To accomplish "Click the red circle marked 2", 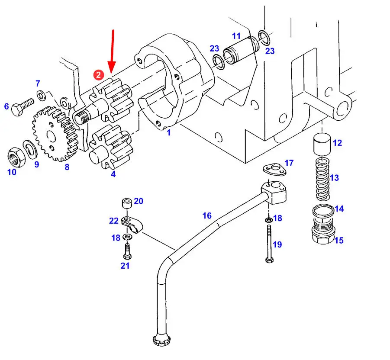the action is tap(99, 75).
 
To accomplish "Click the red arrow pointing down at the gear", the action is tap(112, 52).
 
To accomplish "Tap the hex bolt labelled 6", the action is tap(23, 107).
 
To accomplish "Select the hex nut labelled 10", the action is tap(16, 157).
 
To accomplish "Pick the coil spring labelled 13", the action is tap(322, 179).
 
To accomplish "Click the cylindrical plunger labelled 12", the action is tap(322, 144).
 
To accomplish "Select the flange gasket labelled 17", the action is tap(275, 170).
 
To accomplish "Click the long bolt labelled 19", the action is tap(269, 244).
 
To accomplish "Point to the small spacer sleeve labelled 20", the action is tap(127, 203).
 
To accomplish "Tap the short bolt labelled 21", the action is tap(127, 251).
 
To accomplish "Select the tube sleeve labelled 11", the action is tap(239, 51).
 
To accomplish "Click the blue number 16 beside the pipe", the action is tap(207, 215).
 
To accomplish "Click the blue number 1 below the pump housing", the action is tap(169, 132).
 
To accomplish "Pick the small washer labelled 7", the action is tap(41, 96).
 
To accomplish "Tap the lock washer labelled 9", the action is tap(30, 149).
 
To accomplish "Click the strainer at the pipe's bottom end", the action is tap(161, 339).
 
